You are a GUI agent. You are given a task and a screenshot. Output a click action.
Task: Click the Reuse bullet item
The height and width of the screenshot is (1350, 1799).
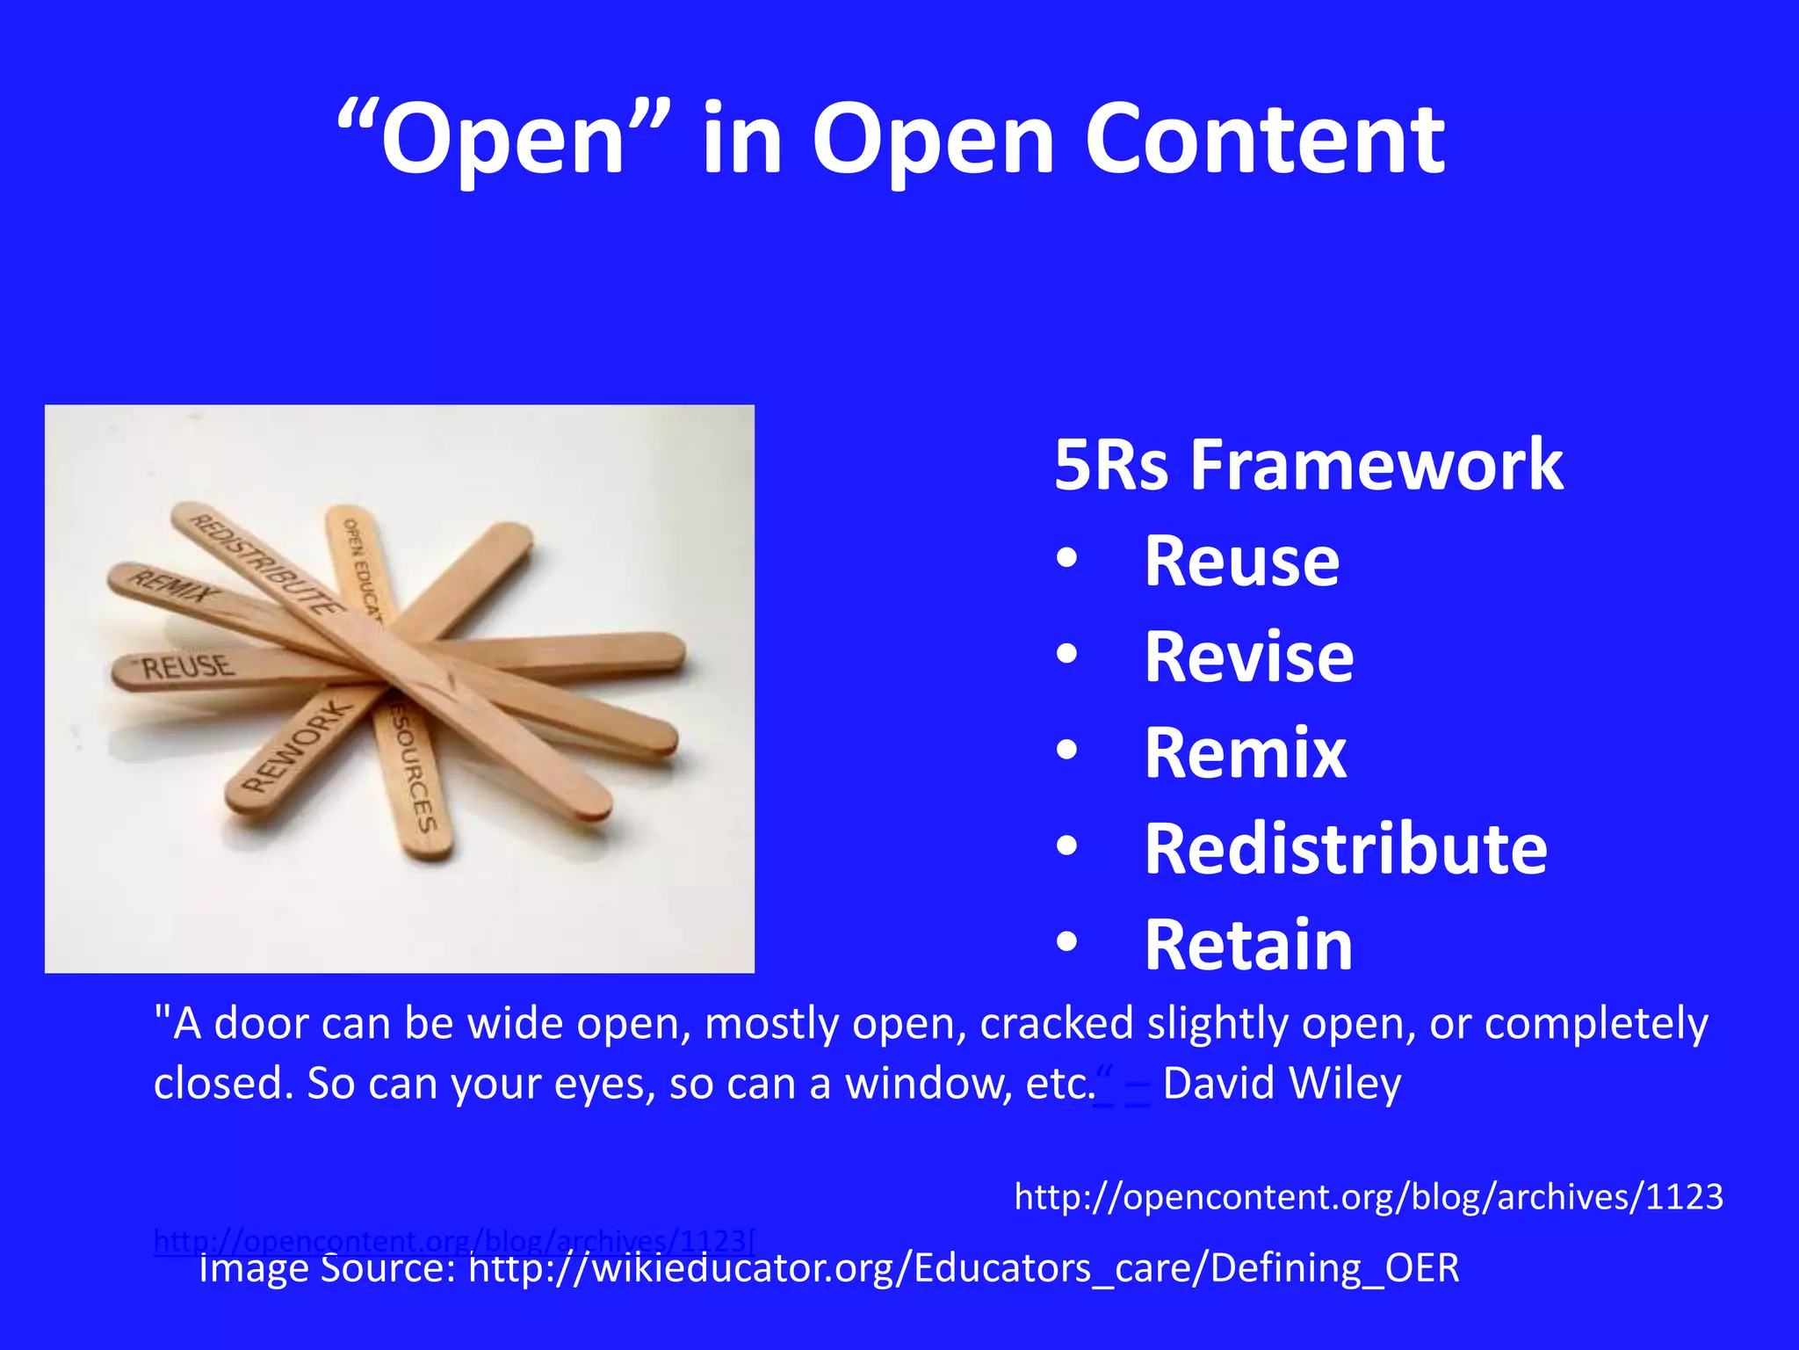click(x=1241, y=562)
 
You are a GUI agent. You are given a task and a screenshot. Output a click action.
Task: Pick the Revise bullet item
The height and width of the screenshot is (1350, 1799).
click(x=1248, y=657)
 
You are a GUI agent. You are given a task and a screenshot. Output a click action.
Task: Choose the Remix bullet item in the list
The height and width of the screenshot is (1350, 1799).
click(x=1245, y=753)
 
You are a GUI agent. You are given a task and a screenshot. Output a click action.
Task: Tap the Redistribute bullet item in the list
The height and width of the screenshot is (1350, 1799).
click(x=1345, y=849)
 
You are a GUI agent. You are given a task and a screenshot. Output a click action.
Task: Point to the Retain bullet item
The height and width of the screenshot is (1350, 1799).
click(x=1248, y=945)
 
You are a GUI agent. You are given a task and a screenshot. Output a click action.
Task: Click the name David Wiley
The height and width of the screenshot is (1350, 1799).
click(x=1282, y=1083)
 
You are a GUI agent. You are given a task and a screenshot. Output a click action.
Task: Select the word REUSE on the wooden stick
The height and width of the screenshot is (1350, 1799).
click(x=188, y=667)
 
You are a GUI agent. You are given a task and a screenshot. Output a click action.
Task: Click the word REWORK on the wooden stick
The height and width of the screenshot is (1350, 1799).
click(x=296, y=748)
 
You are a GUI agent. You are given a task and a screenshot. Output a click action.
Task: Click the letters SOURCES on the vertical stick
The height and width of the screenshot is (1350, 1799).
click(x=414, y=772)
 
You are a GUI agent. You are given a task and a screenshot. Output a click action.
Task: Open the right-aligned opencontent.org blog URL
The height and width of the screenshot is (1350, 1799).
click(x=1368, y=1197)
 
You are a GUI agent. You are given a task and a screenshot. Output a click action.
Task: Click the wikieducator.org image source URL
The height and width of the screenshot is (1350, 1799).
click(x=964, y=1268)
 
